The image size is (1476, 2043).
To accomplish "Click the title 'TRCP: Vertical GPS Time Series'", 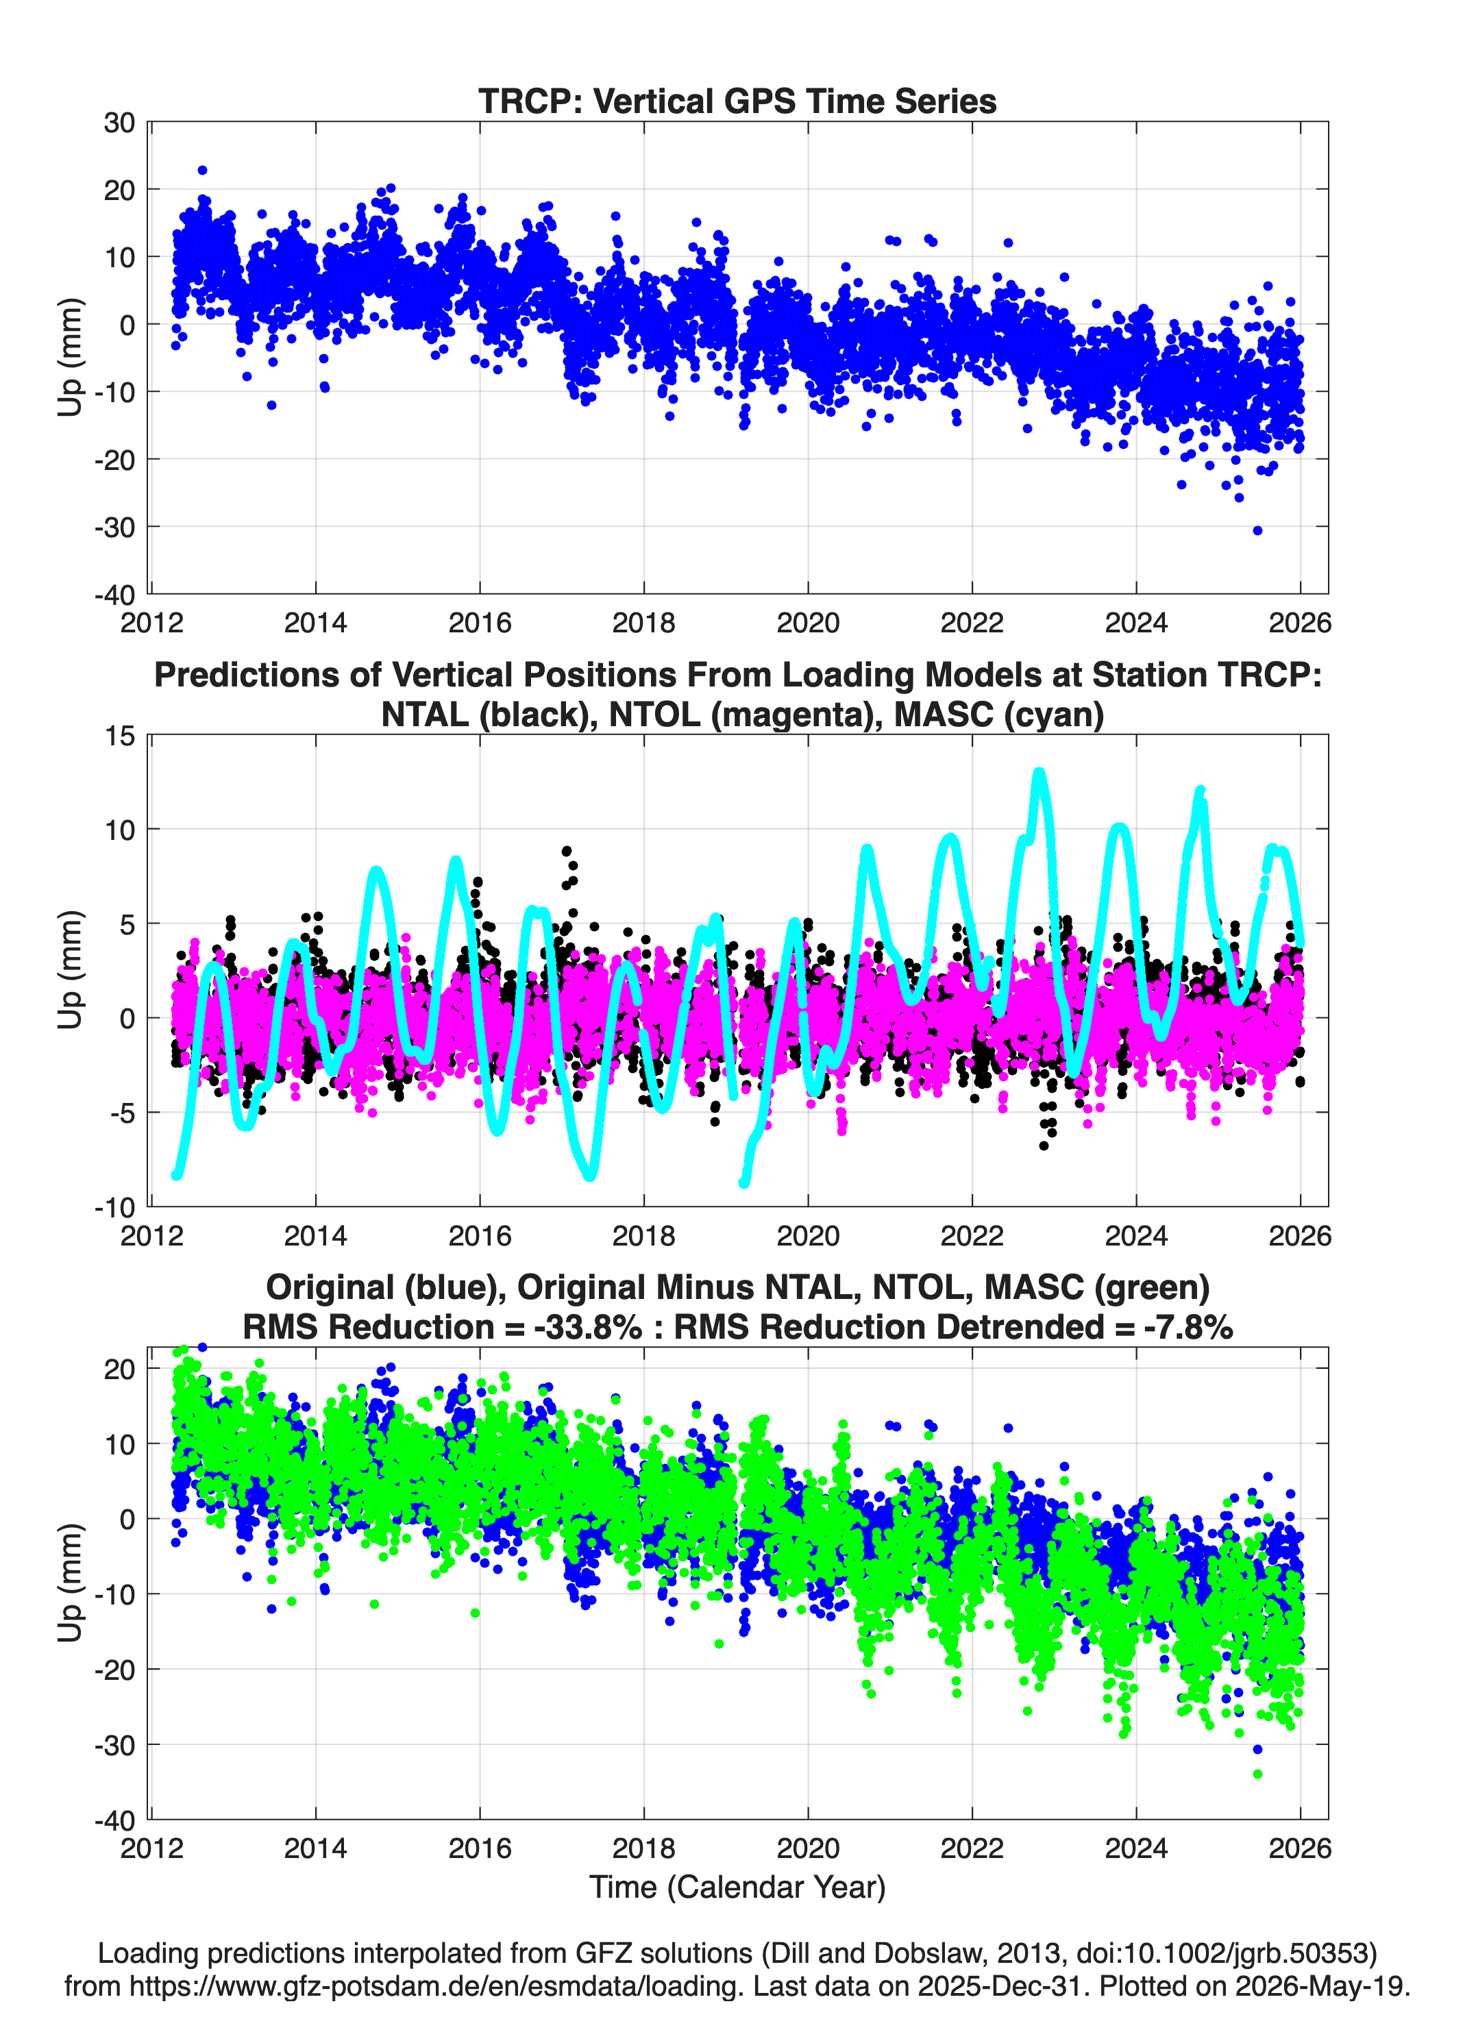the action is click(x=737, y=101).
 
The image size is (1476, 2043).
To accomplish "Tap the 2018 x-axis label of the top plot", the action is click(x=643, y=623).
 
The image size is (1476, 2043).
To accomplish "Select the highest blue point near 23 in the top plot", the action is click(x=203, y=170).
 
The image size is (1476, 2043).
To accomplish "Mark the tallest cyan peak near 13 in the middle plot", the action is click(x=1039, y=773).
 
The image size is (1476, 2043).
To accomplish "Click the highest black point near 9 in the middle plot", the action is click(x=567, y=850).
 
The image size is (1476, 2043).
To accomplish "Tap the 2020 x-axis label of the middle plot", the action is click(x=807, y=1235).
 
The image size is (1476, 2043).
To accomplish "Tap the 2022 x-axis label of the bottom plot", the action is click(x=972, y=1848).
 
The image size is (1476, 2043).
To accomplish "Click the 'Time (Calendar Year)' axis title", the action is click(x=737, y=1887).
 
